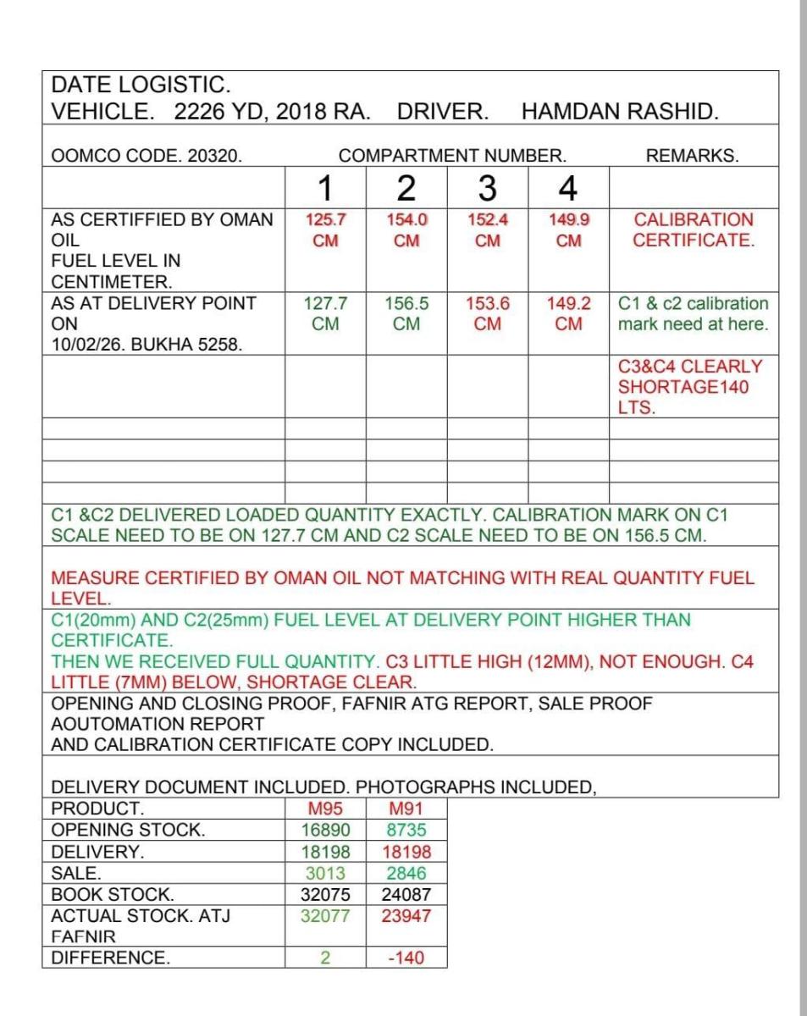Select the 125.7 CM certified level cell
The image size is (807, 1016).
click(x=325, y=229)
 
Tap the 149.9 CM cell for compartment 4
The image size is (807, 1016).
click(x=568, y=229)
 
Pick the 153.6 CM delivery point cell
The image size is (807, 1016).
click(x=487, y=313)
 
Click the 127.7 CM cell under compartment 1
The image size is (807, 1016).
click(x=325, y=313)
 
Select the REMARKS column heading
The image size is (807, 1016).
click(x=692, y=156)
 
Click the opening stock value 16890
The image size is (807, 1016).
click(x=325, y=830)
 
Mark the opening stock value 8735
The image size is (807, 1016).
click(x=406, y=830)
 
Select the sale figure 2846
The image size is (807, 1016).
click(x=406, y=873)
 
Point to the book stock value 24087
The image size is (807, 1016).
click(x=406, y=894)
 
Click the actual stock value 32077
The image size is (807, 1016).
click(x=325, y=916)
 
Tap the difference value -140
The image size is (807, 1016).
click(x=406, y=958)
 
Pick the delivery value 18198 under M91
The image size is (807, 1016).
click(x=406, y=851)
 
